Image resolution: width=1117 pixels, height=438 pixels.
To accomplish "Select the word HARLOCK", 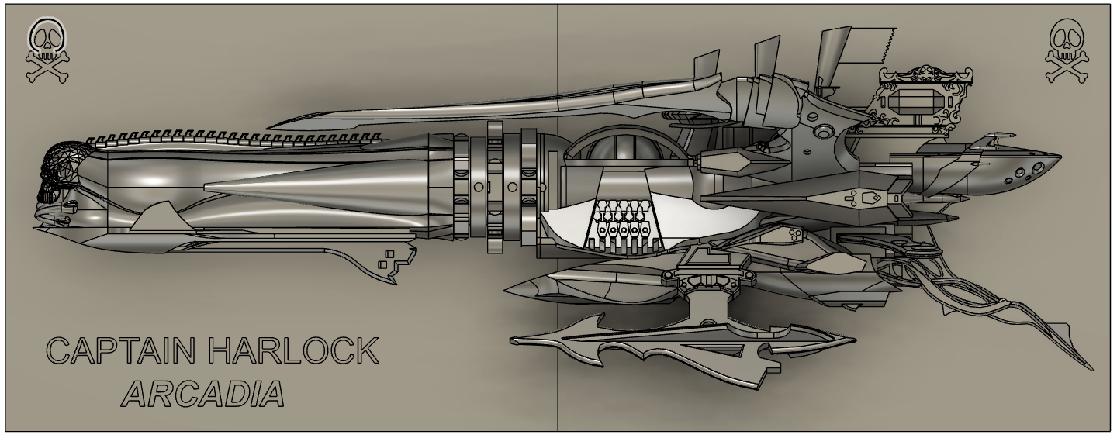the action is click(x=293, y=351).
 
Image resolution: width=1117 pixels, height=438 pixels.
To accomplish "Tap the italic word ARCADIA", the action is click(x=203, y=394).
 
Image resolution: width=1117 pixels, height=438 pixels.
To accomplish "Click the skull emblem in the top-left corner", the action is click(x=47, y=50).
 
